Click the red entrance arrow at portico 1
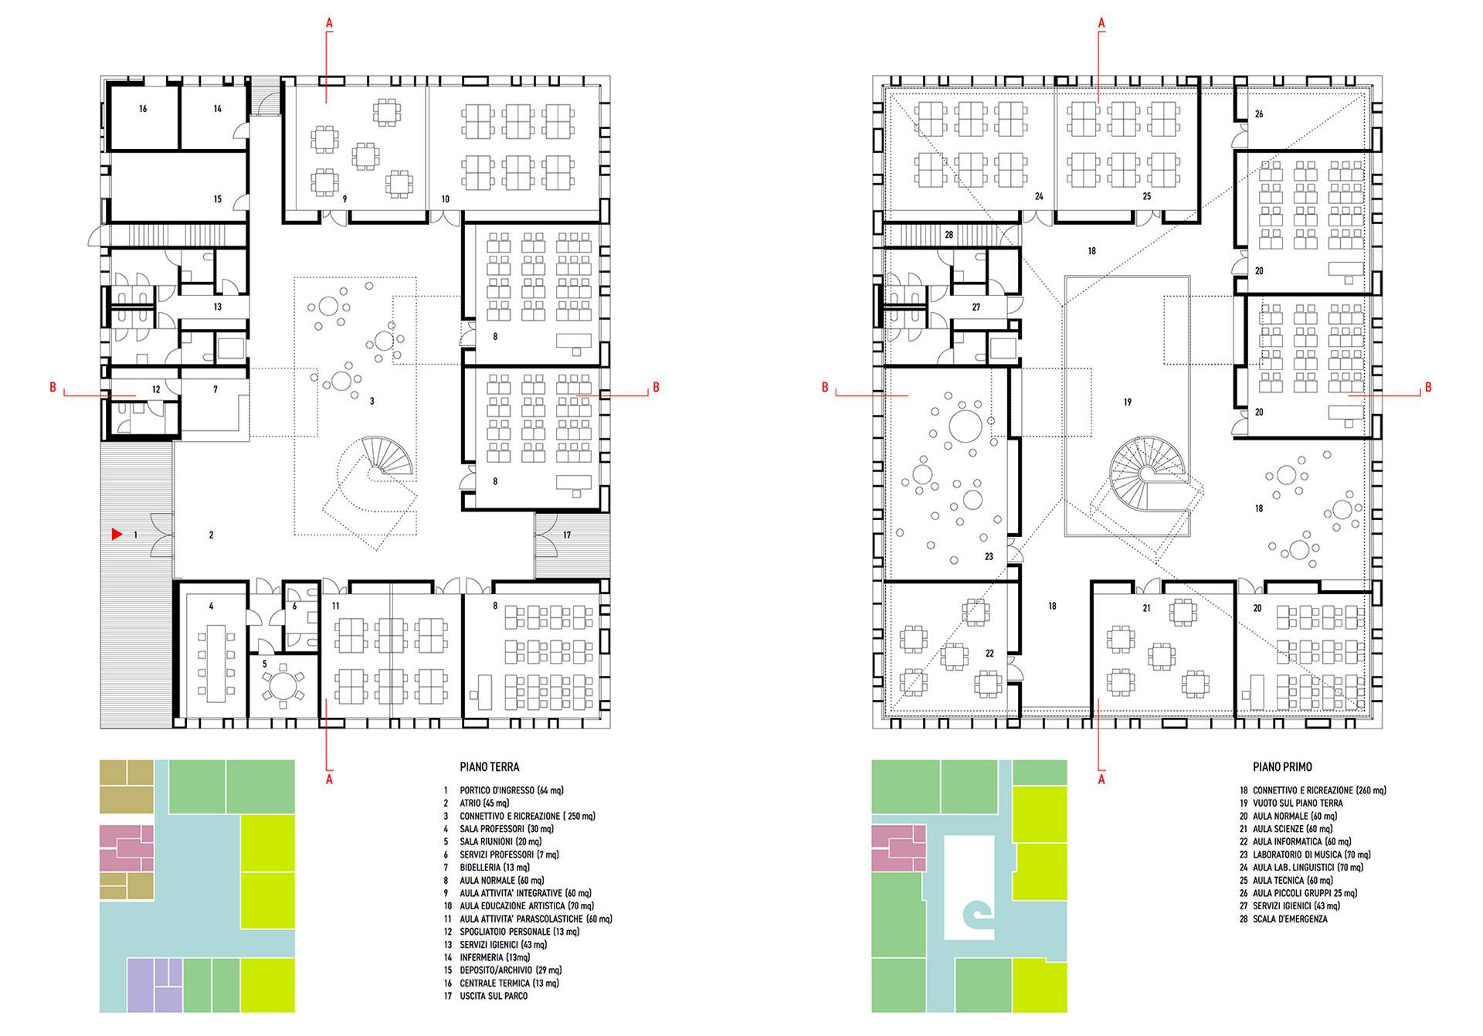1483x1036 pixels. (117, 534)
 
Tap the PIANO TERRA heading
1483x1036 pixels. (490, 767)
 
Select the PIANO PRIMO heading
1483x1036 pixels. (1282, 767)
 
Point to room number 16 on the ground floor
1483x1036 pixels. (143, 109)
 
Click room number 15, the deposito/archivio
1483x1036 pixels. (218, 199)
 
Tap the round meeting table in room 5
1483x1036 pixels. (283, 685)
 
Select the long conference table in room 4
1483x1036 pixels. (215, 663)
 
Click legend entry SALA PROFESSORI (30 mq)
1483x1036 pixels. (507, 829)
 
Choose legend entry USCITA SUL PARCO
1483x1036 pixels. (494, 996)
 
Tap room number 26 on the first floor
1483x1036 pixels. (1259, 114)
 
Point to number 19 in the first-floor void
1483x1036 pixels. (1128, 402)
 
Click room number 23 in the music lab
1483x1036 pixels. (989, 556)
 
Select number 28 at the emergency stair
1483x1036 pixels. (949, 235)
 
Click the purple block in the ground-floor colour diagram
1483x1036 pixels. (154, 985)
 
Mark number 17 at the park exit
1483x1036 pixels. (567, 535)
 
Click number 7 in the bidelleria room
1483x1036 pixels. (215, 389)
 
